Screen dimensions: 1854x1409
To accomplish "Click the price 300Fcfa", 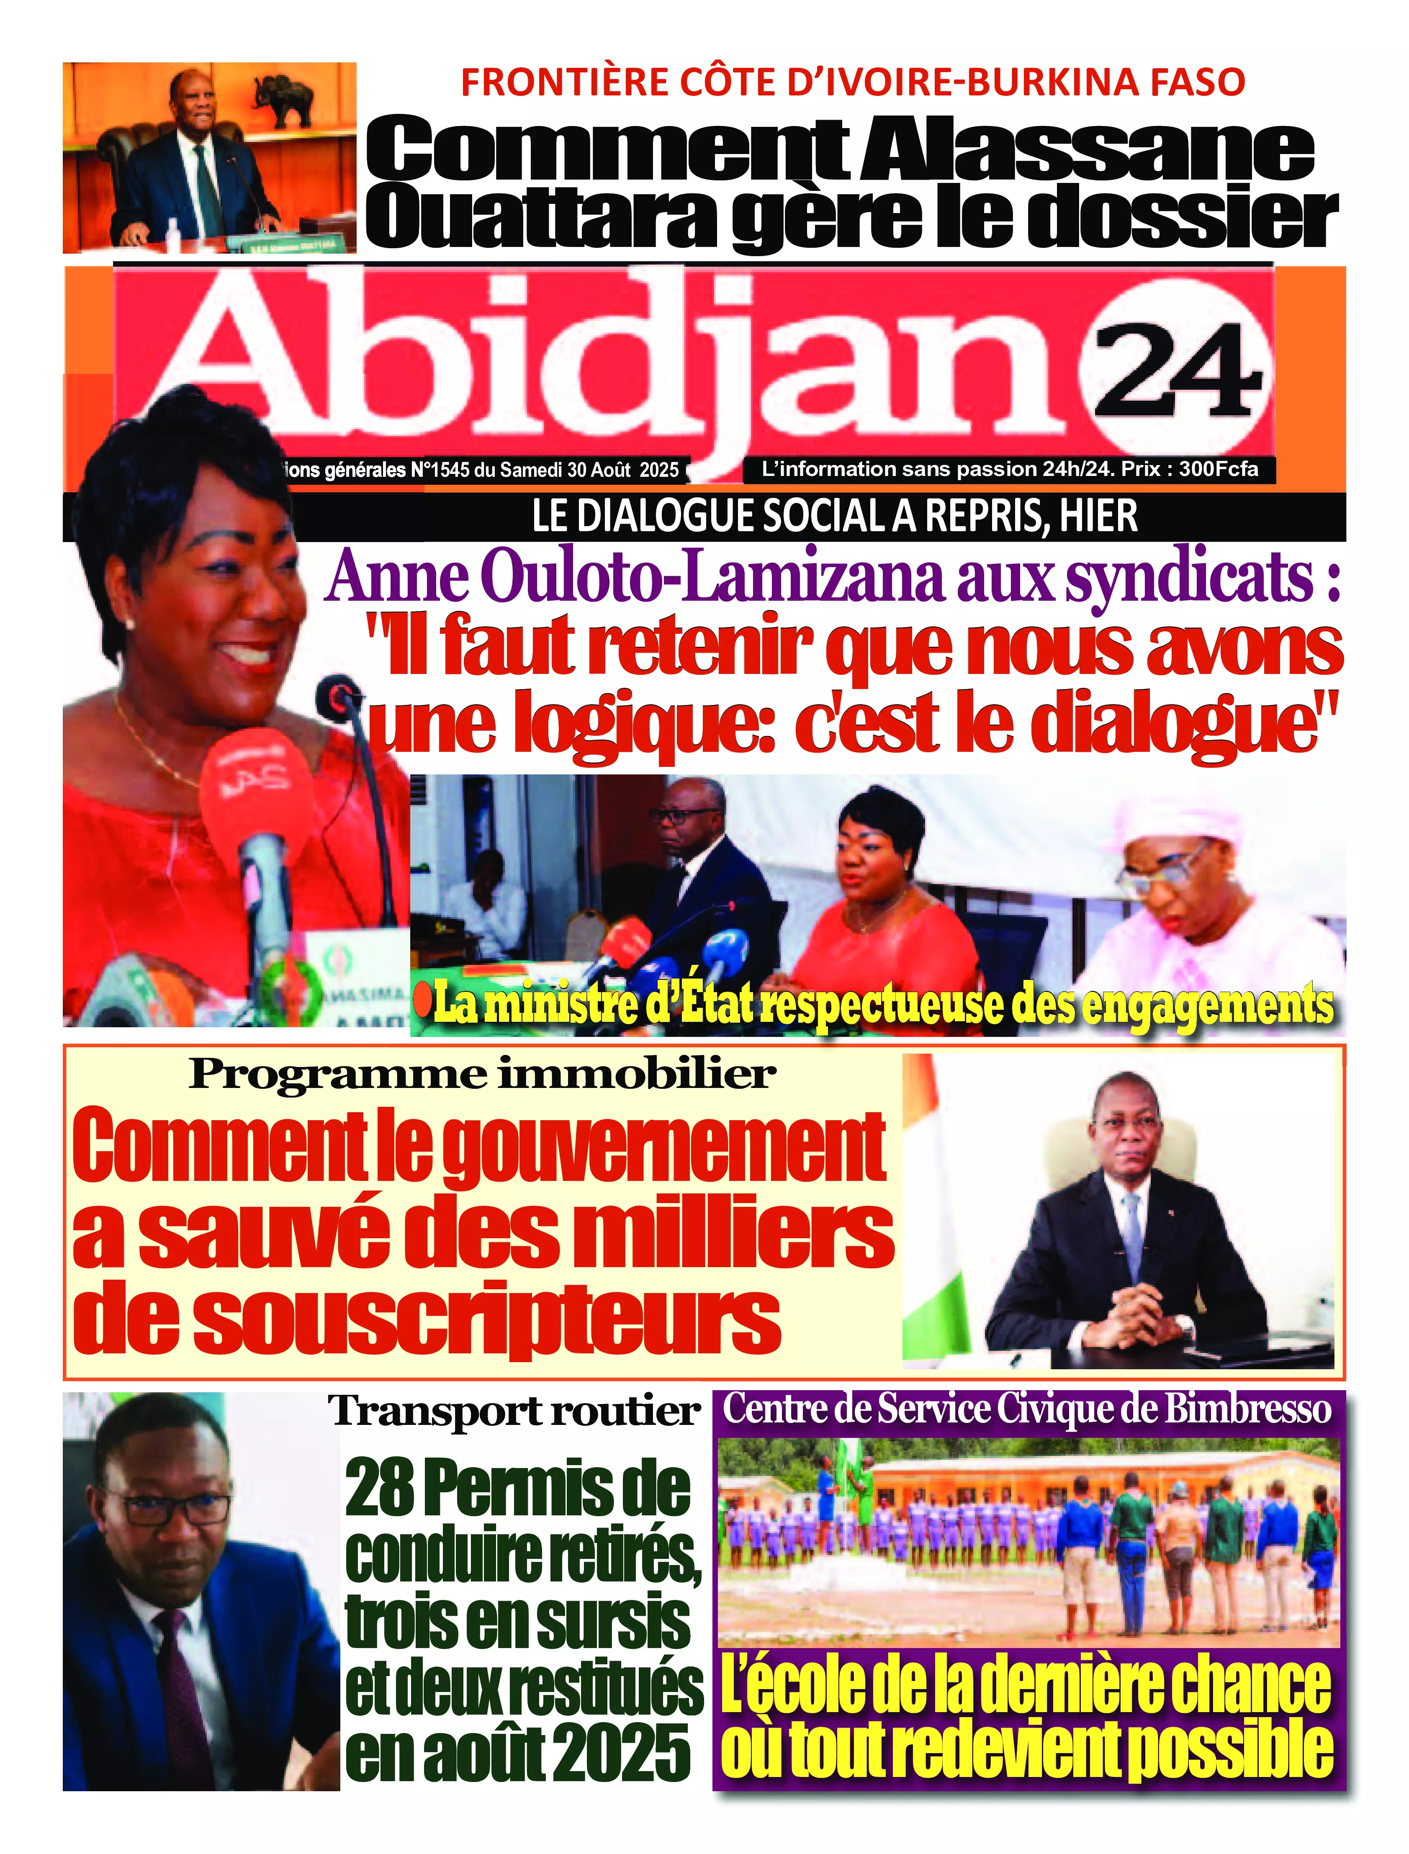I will point(1218,469).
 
